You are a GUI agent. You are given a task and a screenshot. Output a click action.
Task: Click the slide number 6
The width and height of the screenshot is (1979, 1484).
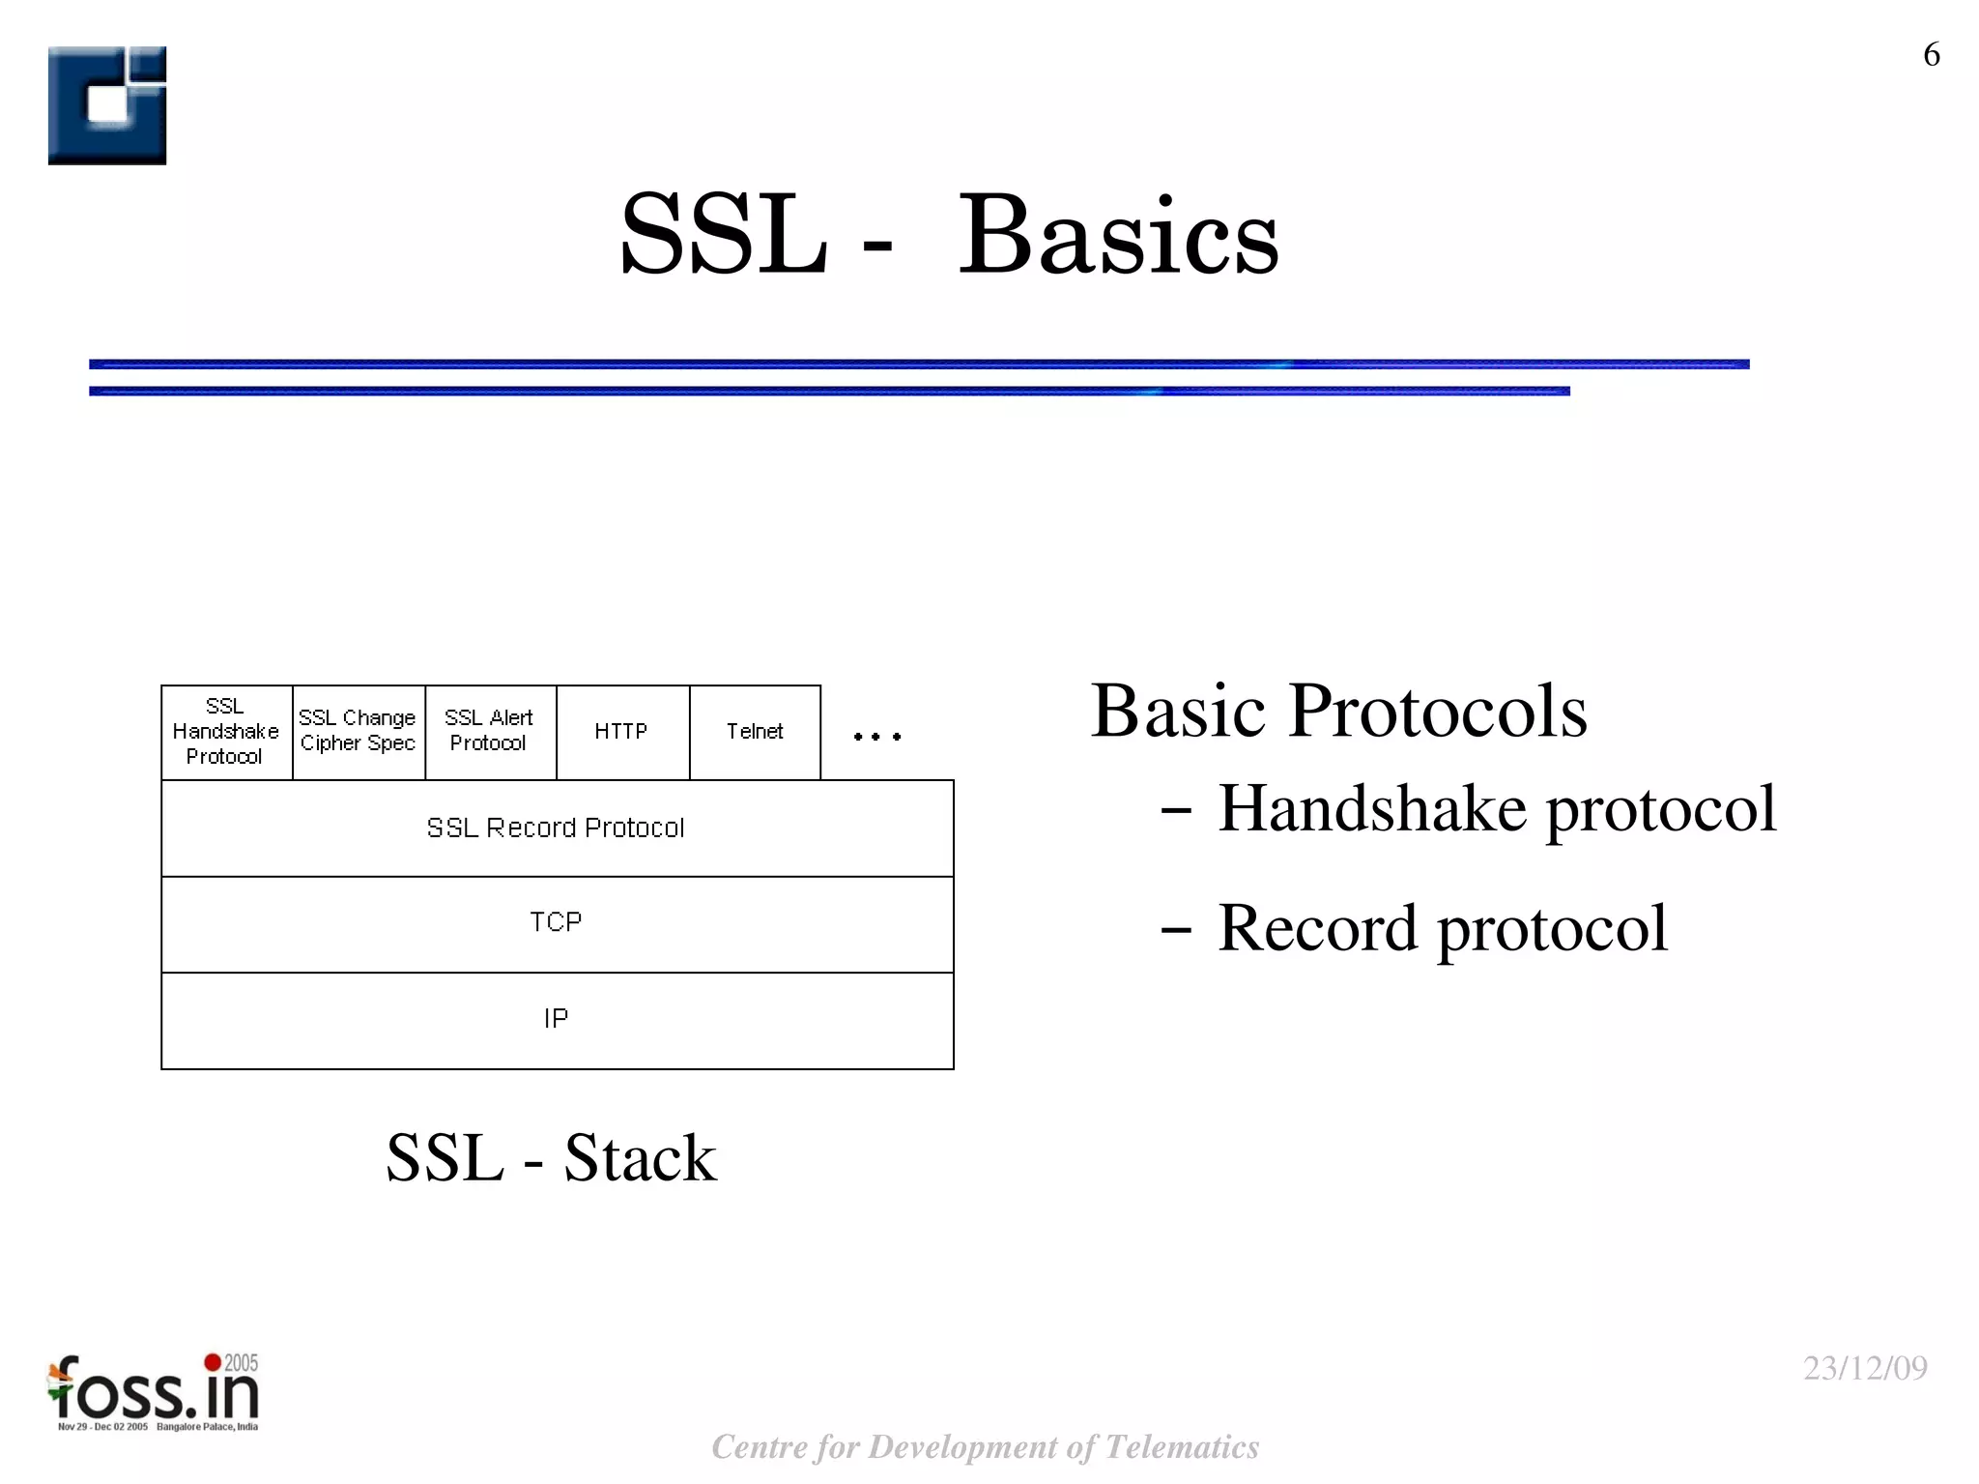pyautogui.click(x=1931, y=55)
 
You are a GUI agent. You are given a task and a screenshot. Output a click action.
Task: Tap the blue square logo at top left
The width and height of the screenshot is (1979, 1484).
pyautogui.click(x=107, y=105)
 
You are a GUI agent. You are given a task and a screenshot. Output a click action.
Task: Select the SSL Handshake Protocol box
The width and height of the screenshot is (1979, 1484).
pyautogui.click(x=226, y=732)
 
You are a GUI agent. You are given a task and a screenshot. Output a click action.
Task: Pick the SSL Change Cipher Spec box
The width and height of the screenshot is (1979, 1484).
pyautogui.click(x=358, y=732)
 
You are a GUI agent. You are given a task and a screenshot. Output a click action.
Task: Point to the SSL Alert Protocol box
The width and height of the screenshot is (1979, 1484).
pyautogui.click(x=490, y=732)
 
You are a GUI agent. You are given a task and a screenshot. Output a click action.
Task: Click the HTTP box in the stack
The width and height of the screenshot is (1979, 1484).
pyautogui.click(x=621, y=732)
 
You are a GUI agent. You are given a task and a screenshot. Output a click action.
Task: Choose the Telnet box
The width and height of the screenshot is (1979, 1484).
pyautogui.click(x=755, y=732)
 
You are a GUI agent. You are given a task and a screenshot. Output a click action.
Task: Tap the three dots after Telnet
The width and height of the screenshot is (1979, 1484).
pyautogui.click(x=876, y=737)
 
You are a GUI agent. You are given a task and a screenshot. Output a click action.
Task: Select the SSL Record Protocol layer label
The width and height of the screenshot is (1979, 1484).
pyautogui.click(x=556, y=829)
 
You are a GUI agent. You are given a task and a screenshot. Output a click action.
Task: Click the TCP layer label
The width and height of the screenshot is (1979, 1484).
pyautogui.click(x=556, y=923)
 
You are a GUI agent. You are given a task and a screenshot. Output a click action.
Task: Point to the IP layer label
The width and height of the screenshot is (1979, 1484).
pyautogui.click(x=556, y=1019)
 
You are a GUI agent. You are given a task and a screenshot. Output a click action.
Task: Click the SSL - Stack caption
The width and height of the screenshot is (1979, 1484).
pyautogui.click(x=551, y=1158)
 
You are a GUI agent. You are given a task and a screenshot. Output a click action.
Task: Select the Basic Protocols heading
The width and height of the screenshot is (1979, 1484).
pyautogui.click(x=1338, y=712)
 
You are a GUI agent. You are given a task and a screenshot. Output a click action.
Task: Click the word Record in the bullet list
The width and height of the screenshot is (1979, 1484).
pyautogui.click(x=1320, y=928)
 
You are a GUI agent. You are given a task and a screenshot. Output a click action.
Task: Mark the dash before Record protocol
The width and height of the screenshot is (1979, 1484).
pyautogui.click(x=1175, y=931)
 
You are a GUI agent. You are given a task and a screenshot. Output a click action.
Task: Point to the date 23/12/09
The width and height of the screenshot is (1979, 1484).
pyautogui.click(x=1865, y=1369)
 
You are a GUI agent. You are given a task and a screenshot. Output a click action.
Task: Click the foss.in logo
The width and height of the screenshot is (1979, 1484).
pyautogui.click(x=155, y=1392)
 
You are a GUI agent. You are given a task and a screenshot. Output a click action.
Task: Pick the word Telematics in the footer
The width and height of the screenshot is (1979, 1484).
pyautogui.click(x=1181, y=1447)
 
